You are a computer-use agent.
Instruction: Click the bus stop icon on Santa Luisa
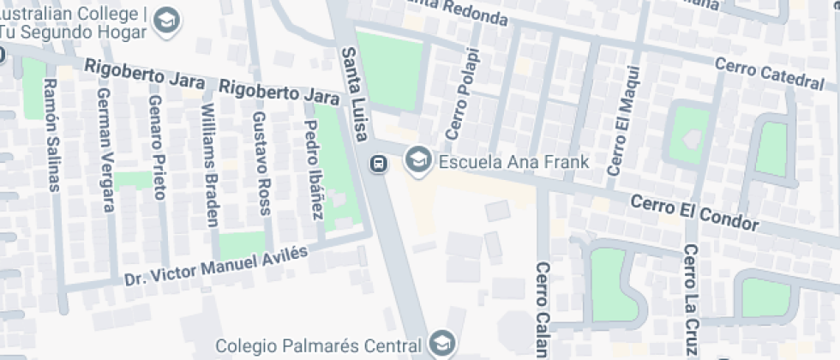coord(376,163)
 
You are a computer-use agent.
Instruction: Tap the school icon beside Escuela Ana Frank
coord(418,159)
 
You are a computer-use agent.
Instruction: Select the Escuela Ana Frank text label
coord(513,161)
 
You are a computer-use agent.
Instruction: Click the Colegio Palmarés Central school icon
coord(442,345)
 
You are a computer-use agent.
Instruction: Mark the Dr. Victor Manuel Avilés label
coord(215,267)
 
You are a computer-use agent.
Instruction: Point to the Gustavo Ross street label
coord(261,161)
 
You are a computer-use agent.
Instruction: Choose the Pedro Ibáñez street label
coord(313,168)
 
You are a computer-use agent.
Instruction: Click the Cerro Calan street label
coord(542,309)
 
